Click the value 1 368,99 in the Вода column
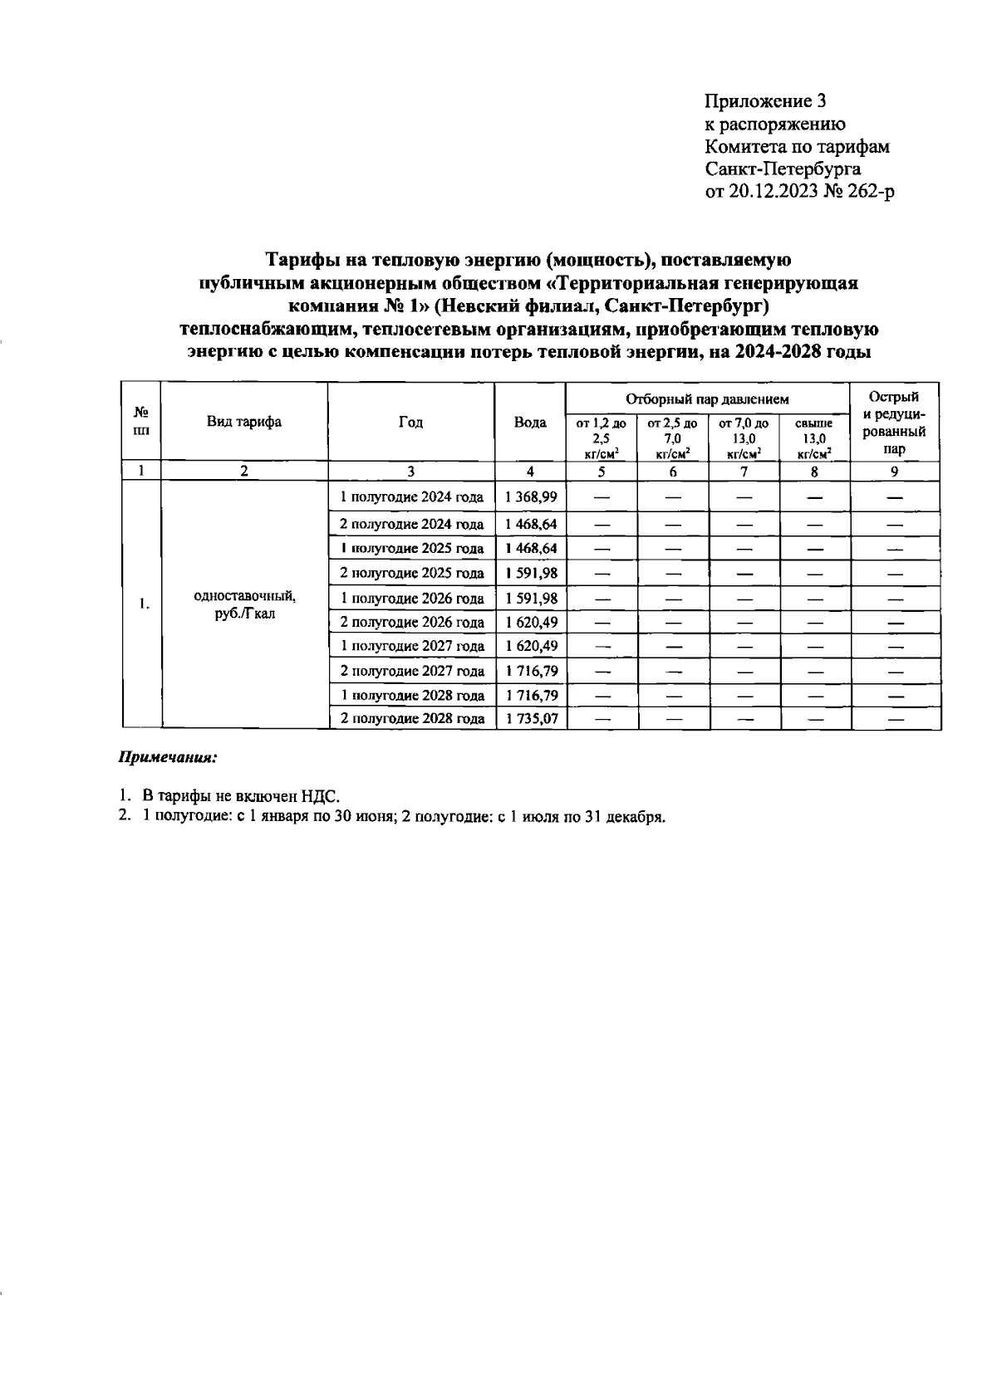pos(530,497)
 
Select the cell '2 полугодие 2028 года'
pos(412,719)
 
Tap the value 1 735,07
pos(530,719)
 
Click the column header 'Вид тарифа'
pos(244,422)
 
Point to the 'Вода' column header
pos(530,422)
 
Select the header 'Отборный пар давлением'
pos(707,399)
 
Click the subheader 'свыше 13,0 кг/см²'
pos(813,438)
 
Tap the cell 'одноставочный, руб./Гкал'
pos(244,605)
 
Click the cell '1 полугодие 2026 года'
pos(412,599)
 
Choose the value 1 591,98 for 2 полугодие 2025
pos(530,574)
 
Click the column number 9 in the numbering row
pos(894,472)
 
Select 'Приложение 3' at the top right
pos(765,101)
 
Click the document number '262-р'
pos(872,192)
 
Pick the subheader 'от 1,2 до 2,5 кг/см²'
pos(601,438)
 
